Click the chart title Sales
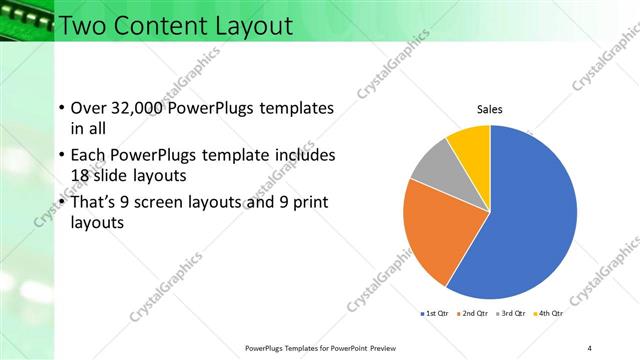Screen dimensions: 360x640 click(489, 109)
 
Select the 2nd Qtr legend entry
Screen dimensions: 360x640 click(473, 314)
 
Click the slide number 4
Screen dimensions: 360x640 click(590, 347)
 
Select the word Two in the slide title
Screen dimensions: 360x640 click(82, 25)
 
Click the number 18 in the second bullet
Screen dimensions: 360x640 click(81, 175)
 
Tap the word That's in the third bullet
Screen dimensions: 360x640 click(97, 202)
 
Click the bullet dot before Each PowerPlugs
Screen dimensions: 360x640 click(62, 156)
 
